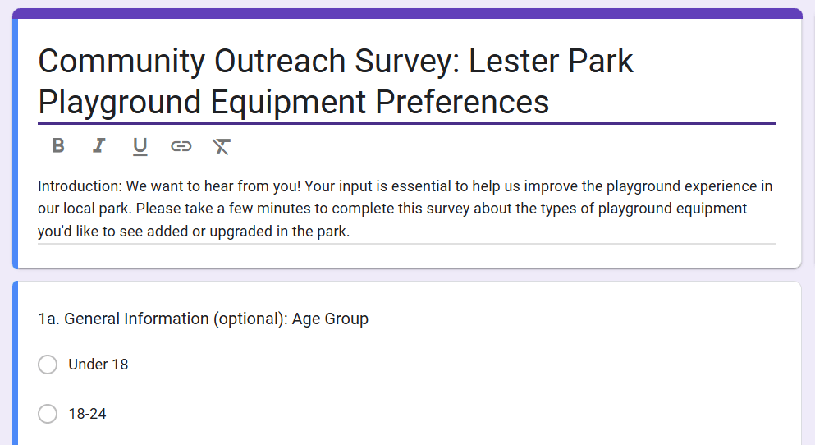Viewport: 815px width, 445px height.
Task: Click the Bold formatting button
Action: click(x=58, y=146)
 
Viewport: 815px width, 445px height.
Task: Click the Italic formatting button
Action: click(x=99, y=146)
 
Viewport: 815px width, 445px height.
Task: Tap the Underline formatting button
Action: click(x=140, y=146)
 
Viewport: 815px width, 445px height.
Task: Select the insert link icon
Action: click(x=181, y=146)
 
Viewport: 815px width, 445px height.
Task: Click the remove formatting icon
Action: click(x=222, y=146)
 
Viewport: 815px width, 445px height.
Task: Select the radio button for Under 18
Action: click(x=48, y=365)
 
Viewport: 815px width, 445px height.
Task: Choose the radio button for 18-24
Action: click(x=48, y=414)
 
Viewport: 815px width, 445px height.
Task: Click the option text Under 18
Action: click(x=98, y=365)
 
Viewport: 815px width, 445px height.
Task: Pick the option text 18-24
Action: click(x=87, y=414)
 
